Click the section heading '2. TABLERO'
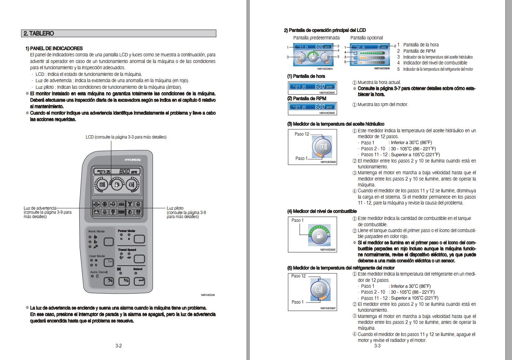(39, 34)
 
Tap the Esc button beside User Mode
(109, 262)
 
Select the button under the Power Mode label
(139, 239)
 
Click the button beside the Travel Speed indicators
(139, 258)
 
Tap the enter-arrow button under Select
(139, 281)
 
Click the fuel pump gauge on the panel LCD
(117, 185)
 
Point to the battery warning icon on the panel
(96, 212)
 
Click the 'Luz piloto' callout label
(175, 208)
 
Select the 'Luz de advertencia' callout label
(40, 208)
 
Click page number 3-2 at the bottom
(118, 346)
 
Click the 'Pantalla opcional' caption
(366, 38)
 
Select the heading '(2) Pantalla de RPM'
(306, 98)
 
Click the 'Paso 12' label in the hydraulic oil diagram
(302, 134)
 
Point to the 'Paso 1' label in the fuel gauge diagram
(297, 220)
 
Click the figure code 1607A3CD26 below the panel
(208, 295)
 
